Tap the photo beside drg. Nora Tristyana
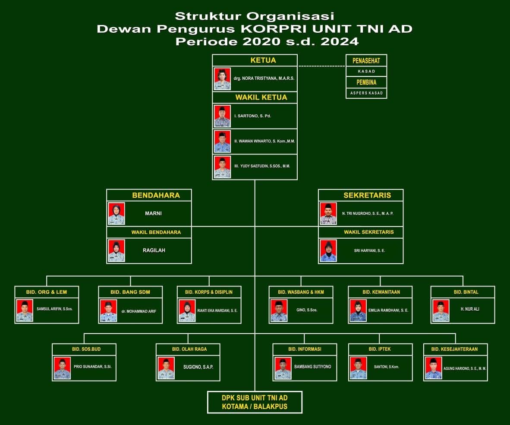click(x=222, y=79)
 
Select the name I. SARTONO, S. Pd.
click(x=252, y=116)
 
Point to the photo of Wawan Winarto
click(x=222, y=141)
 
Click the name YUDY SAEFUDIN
click(x=264, y=166)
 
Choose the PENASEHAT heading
click(x=366, y=61)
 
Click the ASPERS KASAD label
click(x=366, y=93)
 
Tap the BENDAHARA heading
click(x=156, y=195)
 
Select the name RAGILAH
click(x=154, y=250)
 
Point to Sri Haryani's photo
click(x=328, y=251)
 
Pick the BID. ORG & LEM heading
click(x=47, y=292)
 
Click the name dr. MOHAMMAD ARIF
click(x=138, y=311)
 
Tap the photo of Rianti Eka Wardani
click(x=187, y=311)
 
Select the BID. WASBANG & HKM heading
click(x=301, y=292)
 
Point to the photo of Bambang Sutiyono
click(x=283, y=368)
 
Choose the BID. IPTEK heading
click(x=380, y=349)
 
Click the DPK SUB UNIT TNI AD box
click(x=255, y=402)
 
